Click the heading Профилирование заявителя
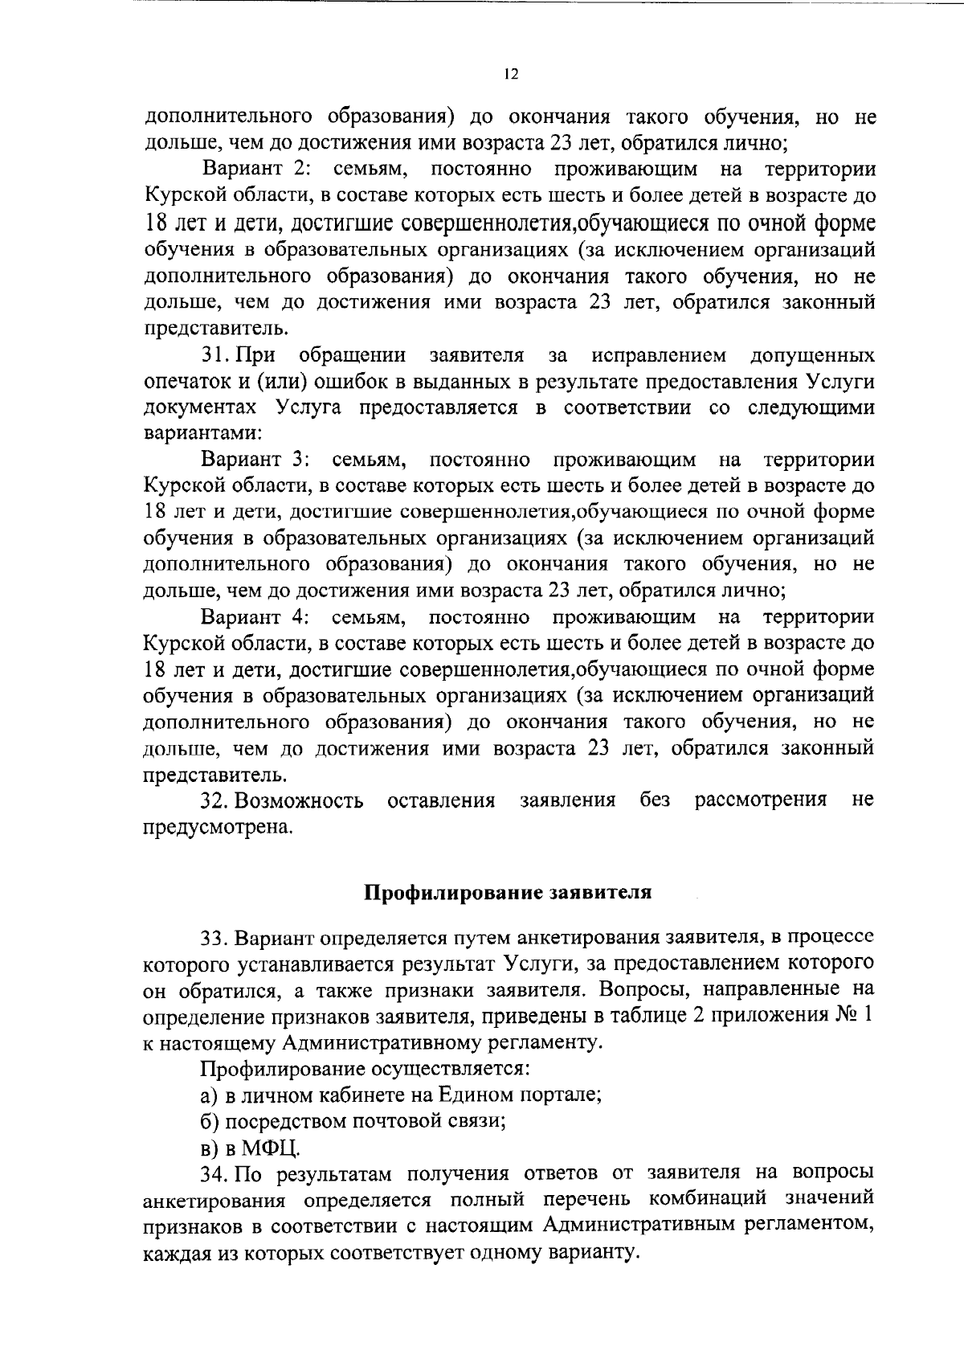coord(508,893)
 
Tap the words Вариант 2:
coord(262,170)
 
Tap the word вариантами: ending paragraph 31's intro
coord(203,433)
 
